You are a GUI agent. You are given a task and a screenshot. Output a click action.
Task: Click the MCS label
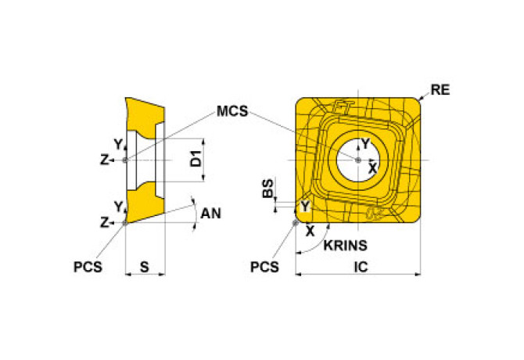coord(232,111)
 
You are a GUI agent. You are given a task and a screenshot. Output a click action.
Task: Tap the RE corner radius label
coord(440,89)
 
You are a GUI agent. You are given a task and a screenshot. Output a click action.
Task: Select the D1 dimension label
coord(196,158)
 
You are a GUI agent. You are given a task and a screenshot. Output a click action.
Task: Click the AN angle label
coord(210,213)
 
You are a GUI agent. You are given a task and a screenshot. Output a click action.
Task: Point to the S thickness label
coord(145,267)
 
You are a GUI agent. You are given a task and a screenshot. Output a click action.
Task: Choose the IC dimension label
coord(361,267)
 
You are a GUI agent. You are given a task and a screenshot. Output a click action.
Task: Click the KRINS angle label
coord(345,246)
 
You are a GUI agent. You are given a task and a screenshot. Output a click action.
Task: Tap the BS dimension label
coord(267,188)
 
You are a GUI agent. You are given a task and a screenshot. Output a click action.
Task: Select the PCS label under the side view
coord(88,267)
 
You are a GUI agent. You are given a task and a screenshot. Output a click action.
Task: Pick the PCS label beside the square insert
coord(264,267)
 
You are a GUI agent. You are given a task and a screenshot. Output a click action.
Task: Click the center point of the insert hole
coord(358,160)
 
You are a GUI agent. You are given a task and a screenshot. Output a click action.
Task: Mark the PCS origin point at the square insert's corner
coord(295,222)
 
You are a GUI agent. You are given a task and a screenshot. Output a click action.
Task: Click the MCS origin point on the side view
coord(125,160)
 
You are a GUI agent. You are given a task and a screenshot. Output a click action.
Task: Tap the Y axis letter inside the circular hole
coord(365,144)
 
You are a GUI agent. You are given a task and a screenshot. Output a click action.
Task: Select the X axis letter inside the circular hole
coord(372,168)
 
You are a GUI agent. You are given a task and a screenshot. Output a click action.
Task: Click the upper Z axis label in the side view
coord(105,160)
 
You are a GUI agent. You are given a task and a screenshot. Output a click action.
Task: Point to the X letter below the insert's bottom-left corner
coord(310,231)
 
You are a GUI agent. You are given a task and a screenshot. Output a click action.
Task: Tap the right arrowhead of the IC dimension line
coord(418,275)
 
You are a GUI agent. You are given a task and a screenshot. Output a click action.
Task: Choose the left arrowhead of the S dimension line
coord(128,275)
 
